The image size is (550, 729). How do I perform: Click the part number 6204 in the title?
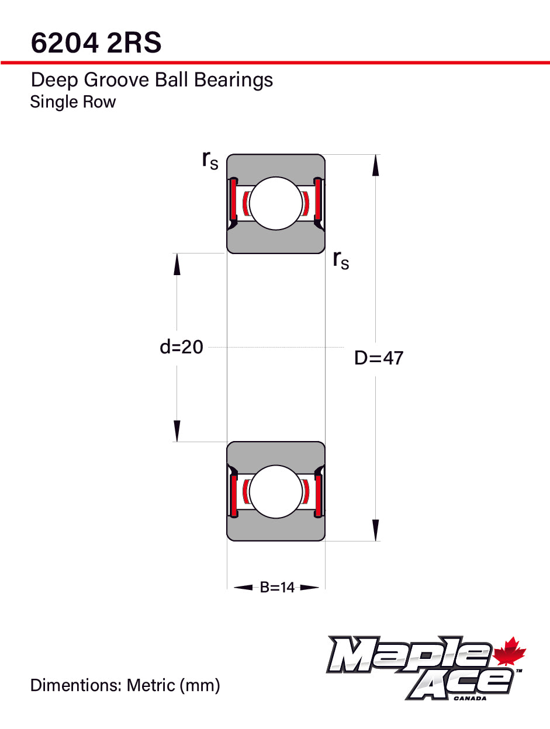[65, 43]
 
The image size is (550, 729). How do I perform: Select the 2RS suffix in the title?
[134, 43]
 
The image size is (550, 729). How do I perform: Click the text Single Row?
[73, 102]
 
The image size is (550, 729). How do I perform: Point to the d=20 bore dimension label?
[181, 347]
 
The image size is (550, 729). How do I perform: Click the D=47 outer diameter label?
[379, 358]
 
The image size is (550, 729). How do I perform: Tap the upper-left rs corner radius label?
[210, 160]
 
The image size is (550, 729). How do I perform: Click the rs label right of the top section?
[341, 260]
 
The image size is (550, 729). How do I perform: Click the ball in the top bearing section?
[276, 203]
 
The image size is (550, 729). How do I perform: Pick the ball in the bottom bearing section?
[276, 491]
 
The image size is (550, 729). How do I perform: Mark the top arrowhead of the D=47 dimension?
[375, 165]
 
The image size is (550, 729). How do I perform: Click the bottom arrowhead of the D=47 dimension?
[375, 530]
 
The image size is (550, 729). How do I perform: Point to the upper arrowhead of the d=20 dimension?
[177, 265]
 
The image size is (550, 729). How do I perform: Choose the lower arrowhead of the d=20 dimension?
[177, 431]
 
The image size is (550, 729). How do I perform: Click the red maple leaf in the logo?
[509, 652]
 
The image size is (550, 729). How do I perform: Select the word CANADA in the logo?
[470, 699]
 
